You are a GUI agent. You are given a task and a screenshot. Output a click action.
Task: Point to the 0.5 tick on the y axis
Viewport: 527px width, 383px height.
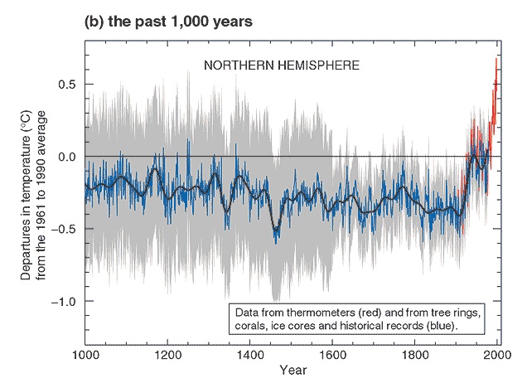point(67,85)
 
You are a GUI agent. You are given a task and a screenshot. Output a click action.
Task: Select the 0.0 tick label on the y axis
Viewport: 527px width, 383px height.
point(67,157)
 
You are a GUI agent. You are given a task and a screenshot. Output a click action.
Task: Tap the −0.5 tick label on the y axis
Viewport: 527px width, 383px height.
point(64,229)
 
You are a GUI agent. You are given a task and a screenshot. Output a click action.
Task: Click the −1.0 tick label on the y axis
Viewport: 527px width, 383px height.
point(64,301)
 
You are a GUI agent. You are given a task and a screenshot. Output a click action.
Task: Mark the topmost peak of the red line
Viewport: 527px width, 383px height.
point(496,58)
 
